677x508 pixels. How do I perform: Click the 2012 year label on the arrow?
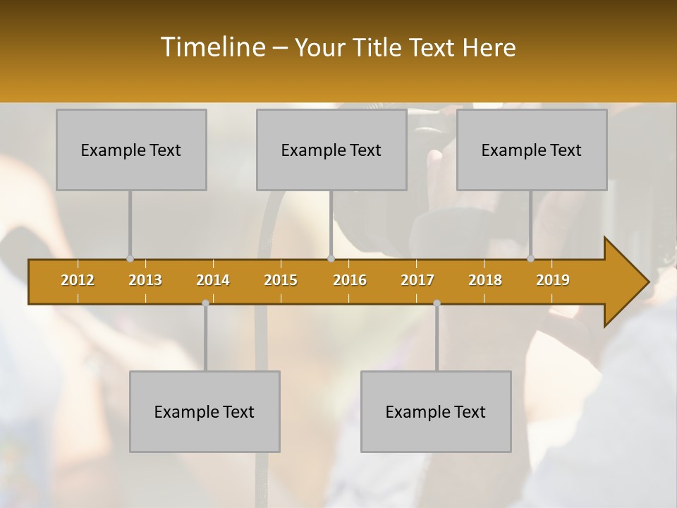[78, 280]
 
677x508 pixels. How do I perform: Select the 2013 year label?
[145, 280]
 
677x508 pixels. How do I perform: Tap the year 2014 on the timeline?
[213, 280]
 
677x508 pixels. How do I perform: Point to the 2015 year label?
[281, 280]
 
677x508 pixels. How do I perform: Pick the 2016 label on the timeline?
[350, 280]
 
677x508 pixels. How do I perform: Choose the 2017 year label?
[417, 280]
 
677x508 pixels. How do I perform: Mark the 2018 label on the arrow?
[485, 280]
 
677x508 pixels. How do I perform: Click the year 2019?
[553, 280]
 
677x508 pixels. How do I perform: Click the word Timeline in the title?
[212, 47]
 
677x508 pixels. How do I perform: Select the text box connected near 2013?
[131, 150]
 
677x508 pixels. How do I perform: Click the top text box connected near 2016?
[331, 150]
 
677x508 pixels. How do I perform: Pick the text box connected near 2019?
[532, 150]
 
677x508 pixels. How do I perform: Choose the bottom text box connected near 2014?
[205, 411]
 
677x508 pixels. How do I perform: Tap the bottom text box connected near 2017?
[436, 411]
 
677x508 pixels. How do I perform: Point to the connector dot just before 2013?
[130, 259]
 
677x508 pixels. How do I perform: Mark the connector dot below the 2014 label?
[205, 303]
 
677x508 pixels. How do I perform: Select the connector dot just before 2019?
[531, 259]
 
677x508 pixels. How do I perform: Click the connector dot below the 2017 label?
[437, 303]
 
